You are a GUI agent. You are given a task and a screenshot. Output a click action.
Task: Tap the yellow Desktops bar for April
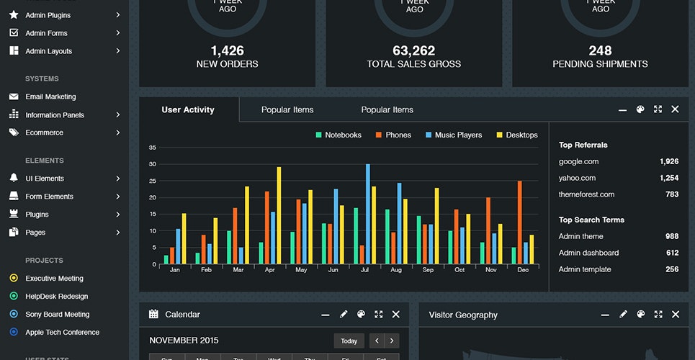279,215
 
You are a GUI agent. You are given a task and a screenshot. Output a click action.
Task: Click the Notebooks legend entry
338,135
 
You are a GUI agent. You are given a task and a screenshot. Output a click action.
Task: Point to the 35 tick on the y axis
152,148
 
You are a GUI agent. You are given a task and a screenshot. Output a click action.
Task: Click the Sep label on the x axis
428,270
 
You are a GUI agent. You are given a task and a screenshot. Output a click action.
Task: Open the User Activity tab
188,109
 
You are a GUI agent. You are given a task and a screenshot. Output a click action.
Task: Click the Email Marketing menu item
50,96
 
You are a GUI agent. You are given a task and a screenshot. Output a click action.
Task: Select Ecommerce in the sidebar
44,132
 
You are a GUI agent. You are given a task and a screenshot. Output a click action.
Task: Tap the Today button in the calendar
349,341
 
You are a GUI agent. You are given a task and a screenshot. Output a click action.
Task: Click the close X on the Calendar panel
395,315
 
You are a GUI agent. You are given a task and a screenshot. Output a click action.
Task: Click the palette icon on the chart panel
640,109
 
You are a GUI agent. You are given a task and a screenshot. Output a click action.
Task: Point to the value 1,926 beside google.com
668,162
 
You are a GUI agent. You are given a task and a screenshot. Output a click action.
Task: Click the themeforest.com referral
586,194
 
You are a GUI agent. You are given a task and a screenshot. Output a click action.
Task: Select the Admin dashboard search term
588,253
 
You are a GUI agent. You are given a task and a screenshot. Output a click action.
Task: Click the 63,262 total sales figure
413,50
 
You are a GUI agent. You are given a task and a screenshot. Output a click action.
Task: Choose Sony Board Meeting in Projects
57,314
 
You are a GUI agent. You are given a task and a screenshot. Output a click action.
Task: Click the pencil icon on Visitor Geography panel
623,315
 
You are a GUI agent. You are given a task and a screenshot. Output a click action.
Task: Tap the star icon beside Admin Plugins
14,14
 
